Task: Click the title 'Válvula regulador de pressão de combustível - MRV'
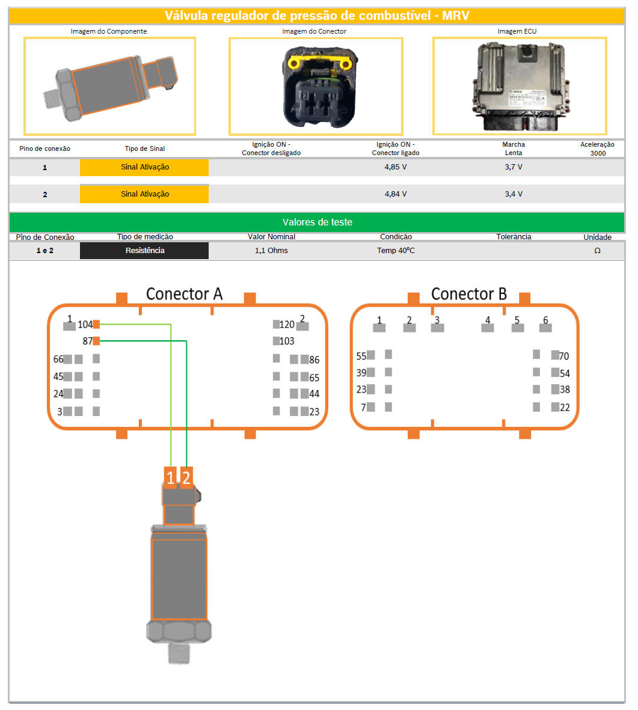(x=317, y=16)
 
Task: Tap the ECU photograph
(x=520, y=86)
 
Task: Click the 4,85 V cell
(x=396, y=167)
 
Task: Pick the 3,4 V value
(x=514, y=194)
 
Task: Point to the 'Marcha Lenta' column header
(x=514, y=148)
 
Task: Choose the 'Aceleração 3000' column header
(x=597, y=148)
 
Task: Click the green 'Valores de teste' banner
(x=317, y=222)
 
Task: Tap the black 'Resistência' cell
(x=144, y=251)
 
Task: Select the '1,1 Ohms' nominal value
(x=271, y=251)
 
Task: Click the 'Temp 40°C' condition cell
(x=396, y=251)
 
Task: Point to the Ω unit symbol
(x=597, y=251)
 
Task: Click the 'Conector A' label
(x=184, y=294)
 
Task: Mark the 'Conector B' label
(x=468, y=294)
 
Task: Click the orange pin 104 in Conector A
(x=96, y=324)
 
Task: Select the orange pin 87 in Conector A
(x=96, y=341)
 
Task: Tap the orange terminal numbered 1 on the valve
(x=171, y=477)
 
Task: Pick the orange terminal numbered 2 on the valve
(x=186, y=477)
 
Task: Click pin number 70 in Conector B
(x=555, y=355)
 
